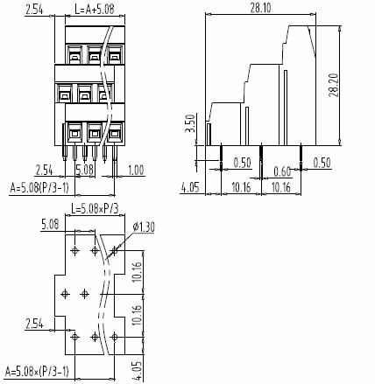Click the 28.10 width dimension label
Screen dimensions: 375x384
tap(260, 8)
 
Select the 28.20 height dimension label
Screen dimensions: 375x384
tap(333, 86)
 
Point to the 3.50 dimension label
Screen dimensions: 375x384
tap(190, 123)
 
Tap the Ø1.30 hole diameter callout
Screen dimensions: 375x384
tap(144, 227)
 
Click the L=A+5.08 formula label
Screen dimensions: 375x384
tap(95, 10)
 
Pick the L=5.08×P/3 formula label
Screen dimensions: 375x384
tap(96, 209)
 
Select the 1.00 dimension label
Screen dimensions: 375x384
tap(136, 171)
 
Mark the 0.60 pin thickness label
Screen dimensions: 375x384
tap(282, 171)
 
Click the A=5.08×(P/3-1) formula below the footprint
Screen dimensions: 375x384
tap(37, 372)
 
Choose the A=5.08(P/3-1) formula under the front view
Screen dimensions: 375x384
tap(39, 188)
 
